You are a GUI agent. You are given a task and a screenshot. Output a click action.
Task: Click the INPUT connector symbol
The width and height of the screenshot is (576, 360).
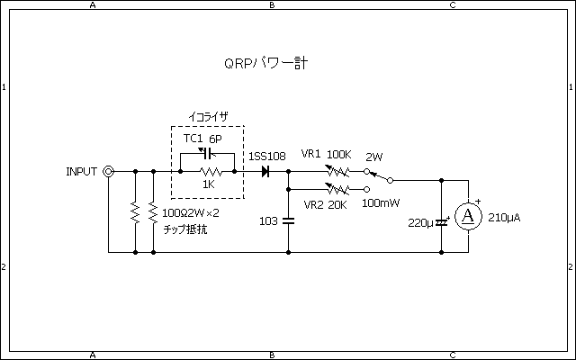coord(109,171)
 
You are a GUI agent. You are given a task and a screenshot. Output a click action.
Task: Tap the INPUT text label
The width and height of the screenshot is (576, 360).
coord(82,171)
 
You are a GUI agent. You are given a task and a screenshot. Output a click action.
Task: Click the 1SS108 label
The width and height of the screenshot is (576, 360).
coord(266,156)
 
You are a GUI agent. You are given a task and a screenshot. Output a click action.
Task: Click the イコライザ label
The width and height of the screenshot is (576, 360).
coord(207,117)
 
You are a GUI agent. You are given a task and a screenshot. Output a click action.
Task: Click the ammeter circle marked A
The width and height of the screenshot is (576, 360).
coord(467,216)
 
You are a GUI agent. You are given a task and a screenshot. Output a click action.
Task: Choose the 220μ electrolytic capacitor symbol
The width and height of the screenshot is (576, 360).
coord(442,220)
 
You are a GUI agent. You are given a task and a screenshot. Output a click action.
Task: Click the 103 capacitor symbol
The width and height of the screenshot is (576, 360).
coord(288,220)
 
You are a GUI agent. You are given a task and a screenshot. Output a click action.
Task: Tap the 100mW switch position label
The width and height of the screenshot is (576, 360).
coord(382,204)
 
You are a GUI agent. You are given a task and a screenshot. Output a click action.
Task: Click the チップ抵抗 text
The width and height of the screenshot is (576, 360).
coord(185,229)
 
